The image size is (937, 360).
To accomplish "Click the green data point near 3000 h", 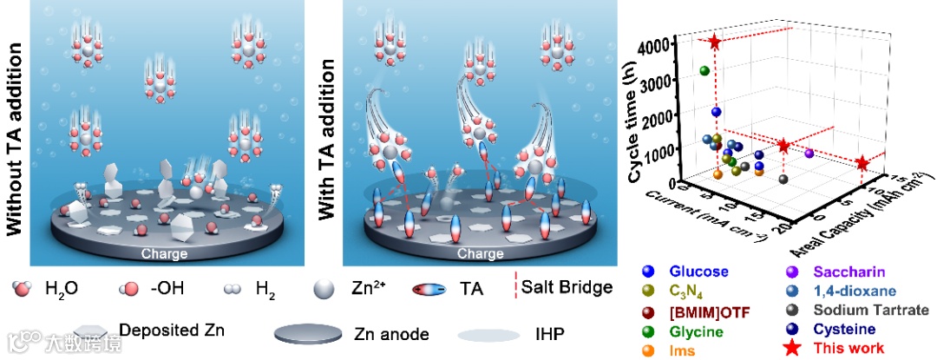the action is [x=704, y=70].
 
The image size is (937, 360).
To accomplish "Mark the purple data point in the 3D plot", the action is [x=809, y=153].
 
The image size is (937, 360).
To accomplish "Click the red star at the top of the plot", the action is [x=715, y=42].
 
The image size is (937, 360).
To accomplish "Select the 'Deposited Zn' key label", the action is [x=161, y=331].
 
